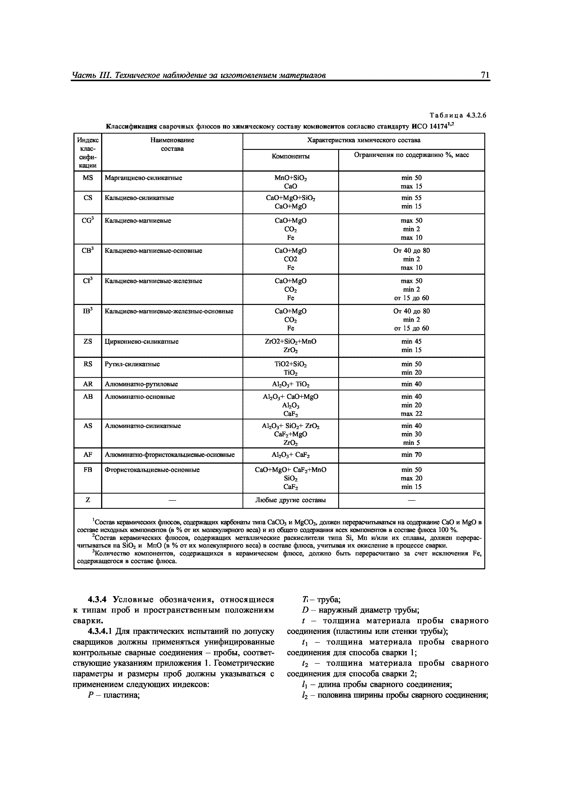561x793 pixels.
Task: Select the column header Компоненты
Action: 290,156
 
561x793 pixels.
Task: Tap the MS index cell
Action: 88,178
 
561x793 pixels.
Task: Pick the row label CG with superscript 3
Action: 88,220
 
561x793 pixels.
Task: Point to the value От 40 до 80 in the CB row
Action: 411,251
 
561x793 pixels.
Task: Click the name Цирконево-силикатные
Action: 141,342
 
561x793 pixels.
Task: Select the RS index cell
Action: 88,364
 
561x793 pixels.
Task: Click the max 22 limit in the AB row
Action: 411,414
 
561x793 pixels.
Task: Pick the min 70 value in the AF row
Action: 411,455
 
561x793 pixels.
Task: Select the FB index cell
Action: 88,470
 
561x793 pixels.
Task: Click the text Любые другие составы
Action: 290,500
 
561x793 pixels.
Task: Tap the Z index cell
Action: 88,500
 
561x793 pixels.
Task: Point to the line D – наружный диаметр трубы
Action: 361,610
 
